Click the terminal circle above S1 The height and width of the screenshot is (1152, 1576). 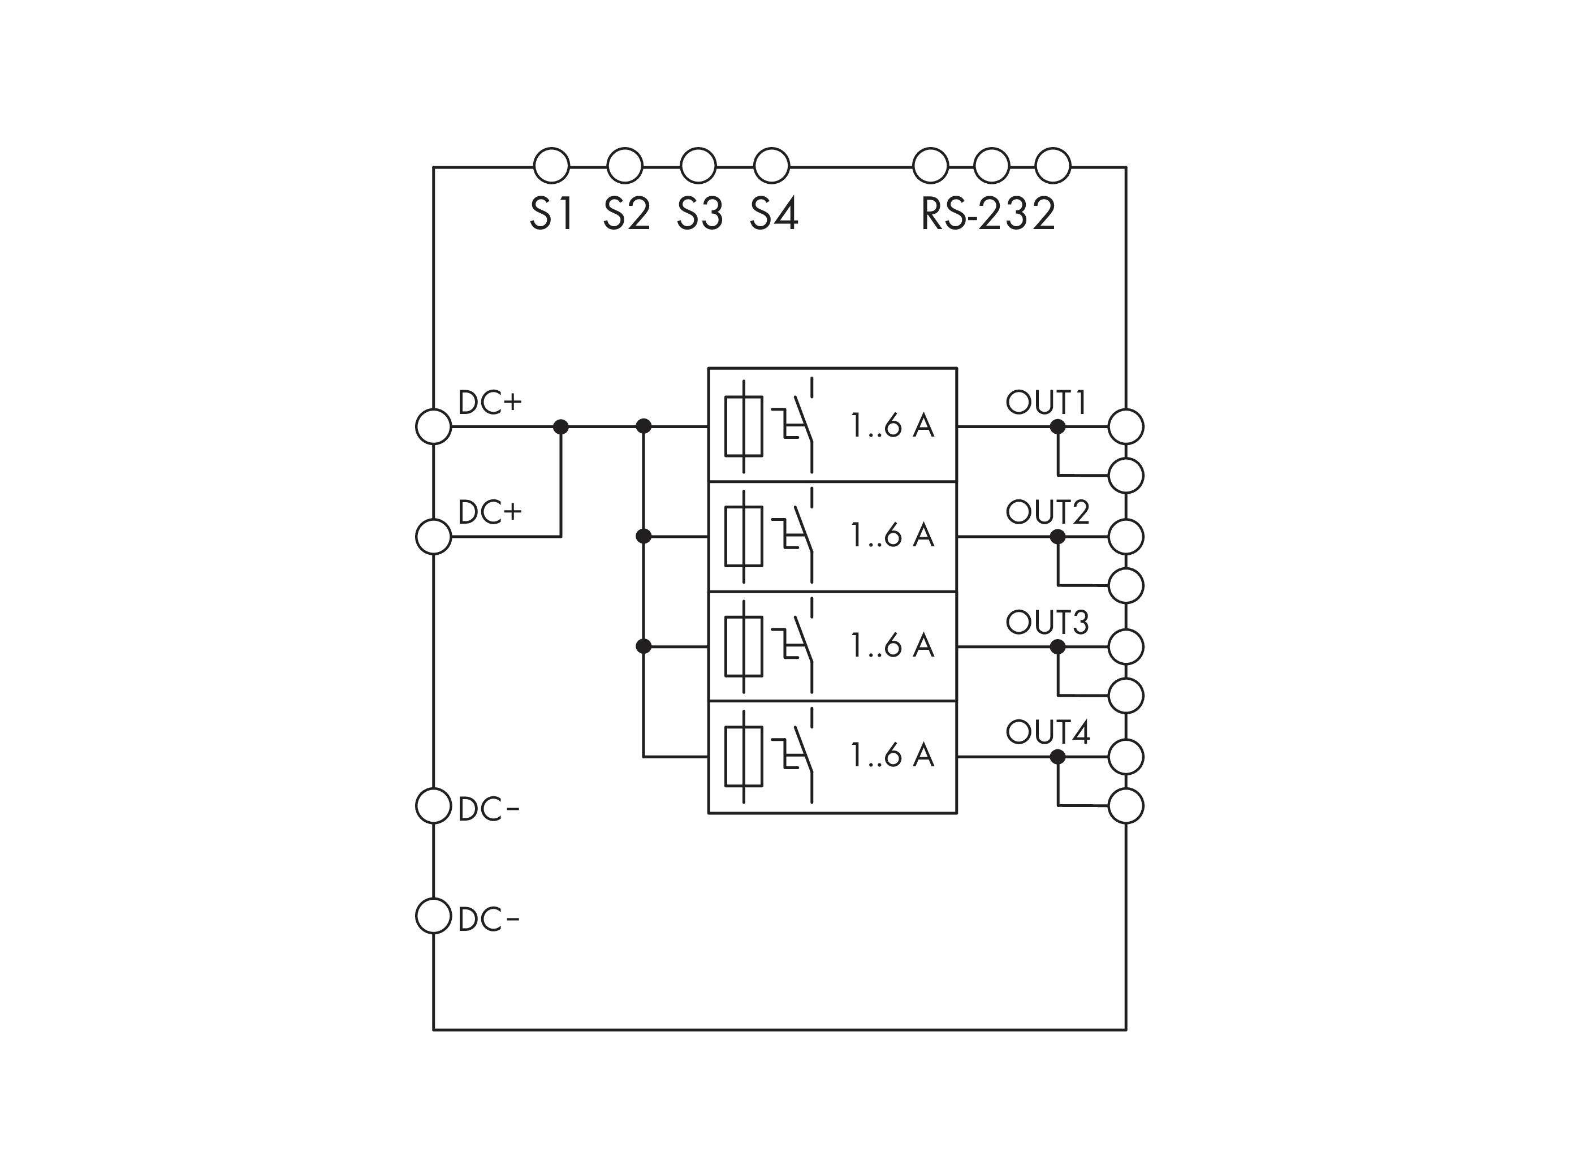coord(551,166)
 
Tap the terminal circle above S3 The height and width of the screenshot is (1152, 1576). coord(698,166)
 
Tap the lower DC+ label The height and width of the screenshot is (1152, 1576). coord(490,512)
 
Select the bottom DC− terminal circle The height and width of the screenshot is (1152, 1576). coord(433,916)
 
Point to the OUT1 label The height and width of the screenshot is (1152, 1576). coord(1046,402)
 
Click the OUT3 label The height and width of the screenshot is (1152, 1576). coord(1047,622)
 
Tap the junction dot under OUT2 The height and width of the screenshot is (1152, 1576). coord(1057,536)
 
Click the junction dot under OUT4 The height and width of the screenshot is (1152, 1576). coord(1057,757)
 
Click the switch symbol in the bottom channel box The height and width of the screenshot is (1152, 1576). coord(795,757)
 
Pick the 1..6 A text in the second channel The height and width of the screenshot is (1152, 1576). coord(892,536)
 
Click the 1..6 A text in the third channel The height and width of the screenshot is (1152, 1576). coord(892,646)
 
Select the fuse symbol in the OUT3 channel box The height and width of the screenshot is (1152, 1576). coord(744,646)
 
